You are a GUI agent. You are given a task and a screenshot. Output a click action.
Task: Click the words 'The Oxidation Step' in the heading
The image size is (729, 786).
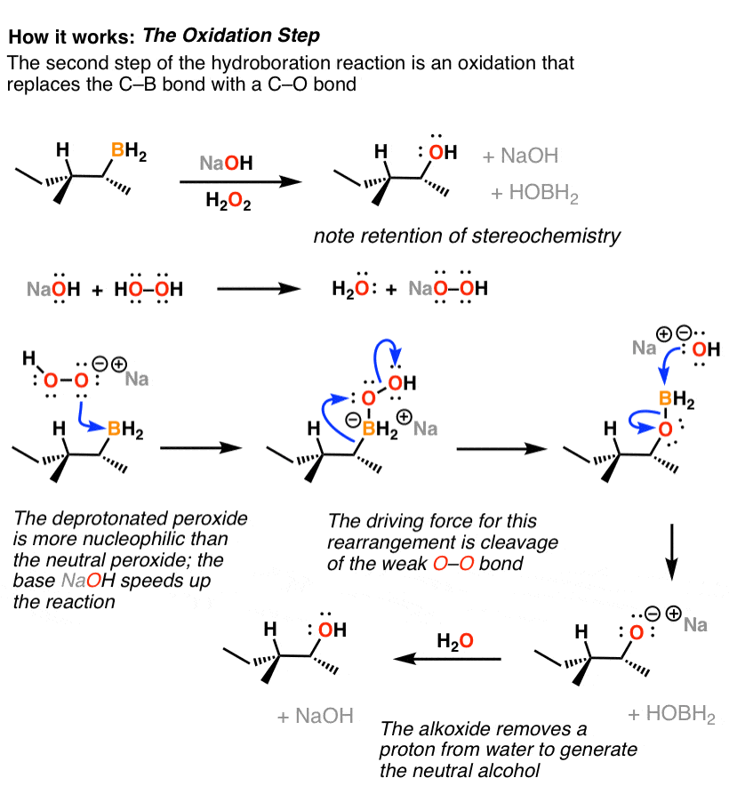(x=231, y=36)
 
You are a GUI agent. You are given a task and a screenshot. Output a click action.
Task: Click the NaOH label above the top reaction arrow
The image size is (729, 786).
(x=226, y=163)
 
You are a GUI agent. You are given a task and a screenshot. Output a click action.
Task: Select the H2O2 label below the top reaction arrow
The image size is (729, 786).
(x=228, y=202)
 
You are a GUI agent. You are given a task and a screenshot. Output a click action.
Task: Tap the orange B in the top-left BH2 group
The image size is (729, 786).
(x=117, y=149)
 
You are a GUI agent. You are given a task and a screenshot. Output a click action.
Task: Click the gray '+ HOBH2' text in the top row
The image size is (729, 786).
(x=534, y=193)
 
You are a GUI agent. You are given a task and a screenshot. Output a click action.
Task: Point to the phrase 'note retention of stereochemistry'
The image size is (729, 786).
(x=467, y=236)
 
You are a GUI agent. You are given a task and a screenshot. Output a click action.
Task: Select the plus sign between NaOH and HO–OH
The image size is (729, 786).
(x=97, y=290)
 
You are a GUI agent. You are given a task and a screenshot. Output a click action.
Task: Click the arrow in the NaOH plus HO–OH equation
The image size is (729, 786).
(x=258, y=289)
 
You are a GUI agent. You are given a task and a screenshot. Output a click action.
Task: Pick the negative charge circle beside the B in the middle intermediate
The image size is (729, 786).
(x=354, y=420)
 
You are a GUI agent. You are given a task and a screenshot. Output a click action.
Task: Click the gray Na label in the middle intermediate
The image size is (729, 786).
(x=425, y=429)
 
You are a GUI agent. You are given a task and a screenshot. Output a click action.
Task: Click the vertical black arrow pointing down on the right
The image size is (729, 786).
(x=672, y=552)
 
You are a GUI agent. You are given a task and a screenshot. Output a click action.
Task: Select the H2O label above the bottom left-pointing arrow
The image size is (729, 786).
(x=455, y=641)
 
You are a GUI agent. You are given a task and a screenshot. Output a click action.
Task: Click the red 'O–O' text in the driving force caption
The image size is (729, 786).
(x=453, y=564)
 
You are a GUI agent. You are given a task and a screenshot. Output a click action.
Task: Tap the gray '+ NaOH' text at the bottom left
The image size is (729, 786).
(x=316, y=716)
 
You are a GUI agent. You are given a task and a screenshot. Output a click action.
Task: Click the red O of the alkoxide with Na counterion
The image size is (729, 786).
(x=636, y=632)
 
